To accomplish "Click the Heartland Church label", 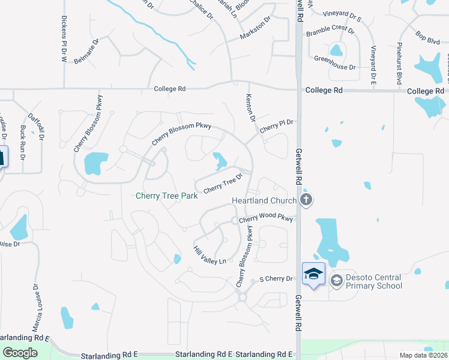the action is click(x=265, y=200).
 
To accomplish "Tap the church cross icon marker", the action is click(x=306, y=200).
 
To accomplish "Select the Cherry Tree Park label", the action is click(x=167, y=196).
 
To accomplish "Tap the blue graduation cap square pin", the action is click(x=313, y=274).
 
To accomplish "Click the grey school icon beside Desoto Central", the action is click(x=336, y=280).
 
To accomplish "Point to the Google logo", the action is click(x=20, y=353).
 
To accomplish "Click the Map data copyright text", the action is click(x=424, y=355).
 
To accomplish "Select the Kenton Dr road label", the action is click(x=251, y=107).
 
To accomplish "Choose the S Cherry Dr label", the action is click(x=276, y=279).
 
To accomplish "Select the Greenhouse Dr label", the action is click(x=335, y=59).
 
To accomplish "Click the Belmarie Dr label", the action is click(x=86, y=51).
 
